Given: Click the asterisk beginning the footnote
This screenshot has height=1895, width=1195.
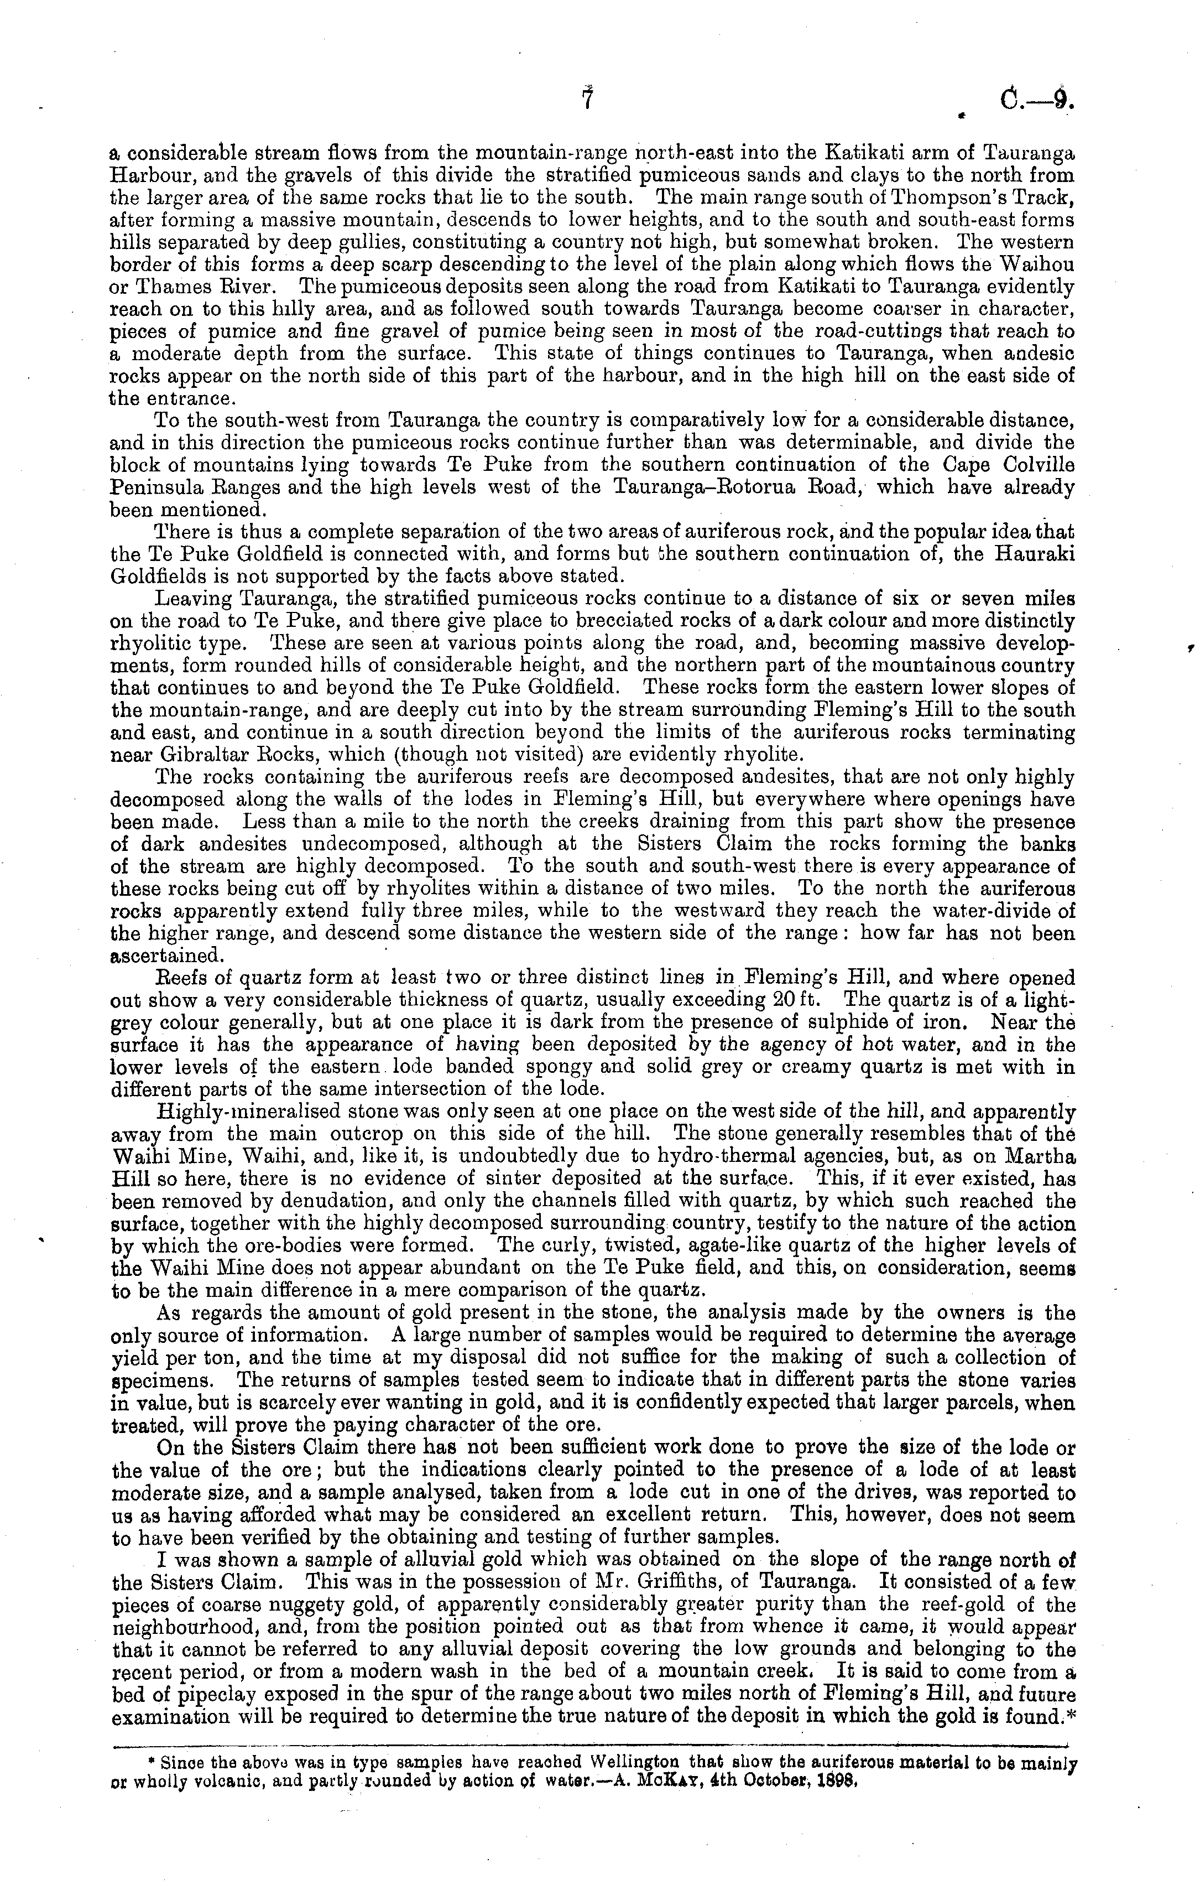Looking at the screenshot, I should pos(153,1757).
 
